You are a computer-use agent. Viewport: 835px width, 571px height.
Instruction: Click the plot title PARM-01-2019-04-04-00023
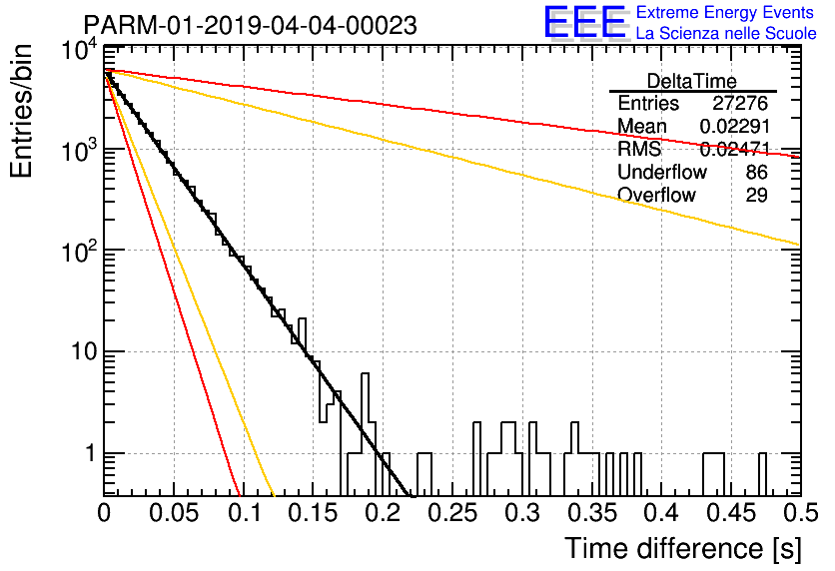click(x=251, y=25)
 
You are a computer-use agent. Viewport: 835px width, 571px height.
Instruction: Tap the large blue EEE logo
click(x=584, y=23)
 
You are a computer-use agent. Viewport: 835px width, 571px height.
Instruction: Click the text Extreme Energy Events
click(x=725, y=12)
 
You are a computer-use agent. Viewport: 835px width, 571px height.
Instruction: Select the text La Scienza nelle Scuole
click(x=726, y=34)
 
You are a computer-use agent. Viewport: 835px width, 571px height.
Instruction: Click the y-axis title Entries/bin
click(x=21, y=111)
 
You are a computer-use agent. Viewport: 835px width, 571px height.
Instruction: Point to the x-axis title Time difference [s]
click(x=683, y=549)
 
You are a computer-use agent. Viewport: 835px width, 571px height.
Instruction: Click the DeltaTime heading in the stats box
click(x=692, y=81)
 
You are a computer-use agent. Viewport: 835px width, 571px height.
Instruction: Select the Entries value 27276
click(x=740, y=103)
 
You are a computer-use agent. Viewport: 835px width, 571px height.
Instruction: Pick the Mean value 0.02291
click(x=735, y=126)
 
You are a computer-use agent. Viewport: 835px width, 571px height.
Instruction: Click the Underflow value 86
click(x=756, y=172)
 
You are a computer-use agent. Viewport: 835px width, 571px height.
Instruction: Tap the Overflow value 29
click(x=756, y=195)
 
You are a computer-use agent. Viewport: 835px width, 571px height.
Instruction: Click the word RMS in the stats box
click(x=639, y=149)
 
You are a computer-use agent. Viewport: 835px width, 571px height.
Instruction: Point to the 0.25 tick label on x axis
click(x=453, y=513)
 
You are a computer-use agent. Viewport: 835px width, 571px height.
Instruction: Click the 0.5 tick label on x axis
click(x=800, y=513)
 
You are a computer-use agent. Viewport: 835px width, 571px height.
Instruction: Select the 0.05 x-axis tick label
click(x=174, y=513)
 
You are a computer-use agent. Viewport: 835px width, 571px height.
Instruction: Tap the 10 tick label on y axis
click(x=84, y=351)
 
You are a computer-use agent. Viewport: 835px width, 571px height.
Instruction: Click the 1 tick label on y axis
click(x=90, y=454)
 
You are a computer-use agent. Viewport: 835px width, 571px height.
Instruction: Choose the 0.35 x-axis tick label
click(x=592, y=513)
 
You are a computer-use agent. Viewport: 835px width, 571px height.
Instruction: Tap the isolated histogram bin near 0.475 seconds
click(x=762, y=475)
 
